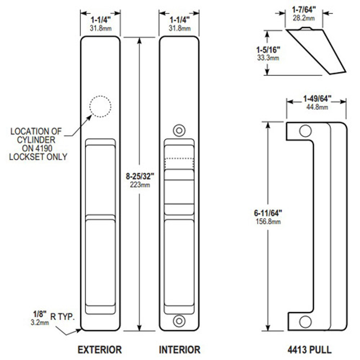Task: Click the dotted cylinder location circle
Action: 100,107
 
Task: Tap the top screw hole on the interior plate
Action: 179,130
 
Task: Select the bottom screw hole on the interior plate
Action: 179,321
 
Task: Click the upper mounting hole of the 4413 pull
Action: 305,131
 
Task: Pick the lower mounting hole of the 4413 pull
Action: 305,322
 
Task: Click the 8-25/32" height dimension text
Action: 140,177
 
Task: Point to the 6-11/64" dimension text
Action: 268,213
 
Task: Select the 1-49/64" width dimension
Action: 317,99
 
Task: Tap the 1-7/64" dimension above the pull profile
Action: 304,10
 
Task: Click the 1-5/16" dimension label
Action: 268,50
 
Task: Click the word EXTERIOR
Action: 100,350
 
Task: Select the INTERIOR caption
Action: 179,350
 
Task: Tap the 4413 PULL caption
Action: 309,350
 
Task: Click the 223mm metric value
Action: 140,185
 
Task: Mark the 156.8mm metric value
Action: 268,222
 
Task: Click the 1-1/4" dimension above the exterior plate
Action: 100,20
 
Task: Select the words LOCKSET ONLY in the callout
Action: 38,157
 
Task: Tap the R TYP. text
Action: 62,317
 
